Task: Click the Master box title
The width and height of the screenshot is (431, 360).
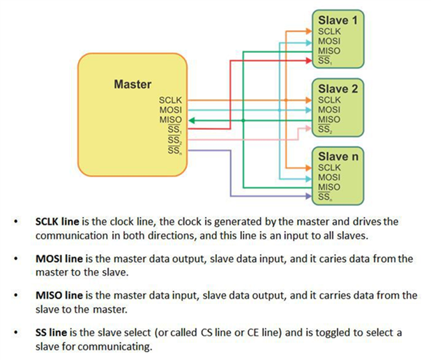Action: (132, 84)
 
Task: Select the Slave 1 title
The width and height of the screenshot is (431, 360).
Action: (338, 20)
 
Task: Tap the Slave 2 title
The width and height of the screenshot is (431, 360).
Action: (338, 89)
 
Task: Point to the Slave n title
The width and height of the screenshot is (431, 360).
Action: (338, 156)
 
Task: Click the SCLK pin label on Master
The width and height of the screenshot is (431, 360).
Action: (170, 101)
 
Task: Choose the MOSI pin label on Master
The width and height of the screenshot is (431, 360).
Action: (170, 110)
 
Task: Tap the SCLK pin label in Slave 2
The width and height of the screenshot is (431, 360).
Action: (329, 100)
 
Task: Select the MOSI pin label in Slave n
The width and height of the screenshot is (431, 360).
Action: (329, 178)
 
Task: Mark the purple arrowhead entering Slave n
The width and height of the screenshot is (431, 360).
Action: (308, 197)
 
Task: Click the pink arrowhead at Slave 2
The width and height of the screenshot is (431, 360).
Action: (308, 129)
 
